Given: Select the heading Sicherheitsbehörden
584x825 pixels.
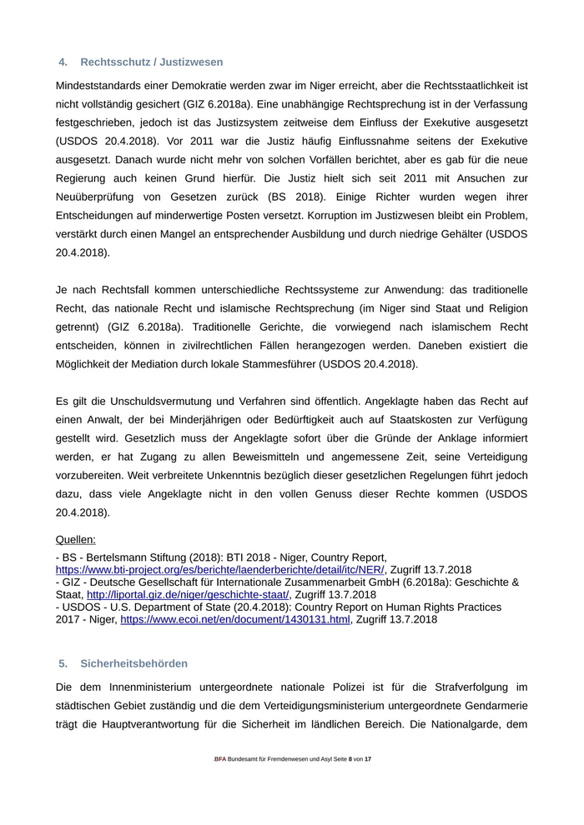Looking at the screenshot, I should point(133,663).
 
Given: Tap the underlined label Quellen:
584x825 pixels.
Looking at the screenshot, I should point(76,539).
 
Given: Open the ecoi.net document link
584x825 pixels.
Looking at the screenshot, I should point(235,619).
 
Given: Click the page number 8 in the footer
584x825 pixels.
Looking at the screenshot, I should point(348,759).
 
